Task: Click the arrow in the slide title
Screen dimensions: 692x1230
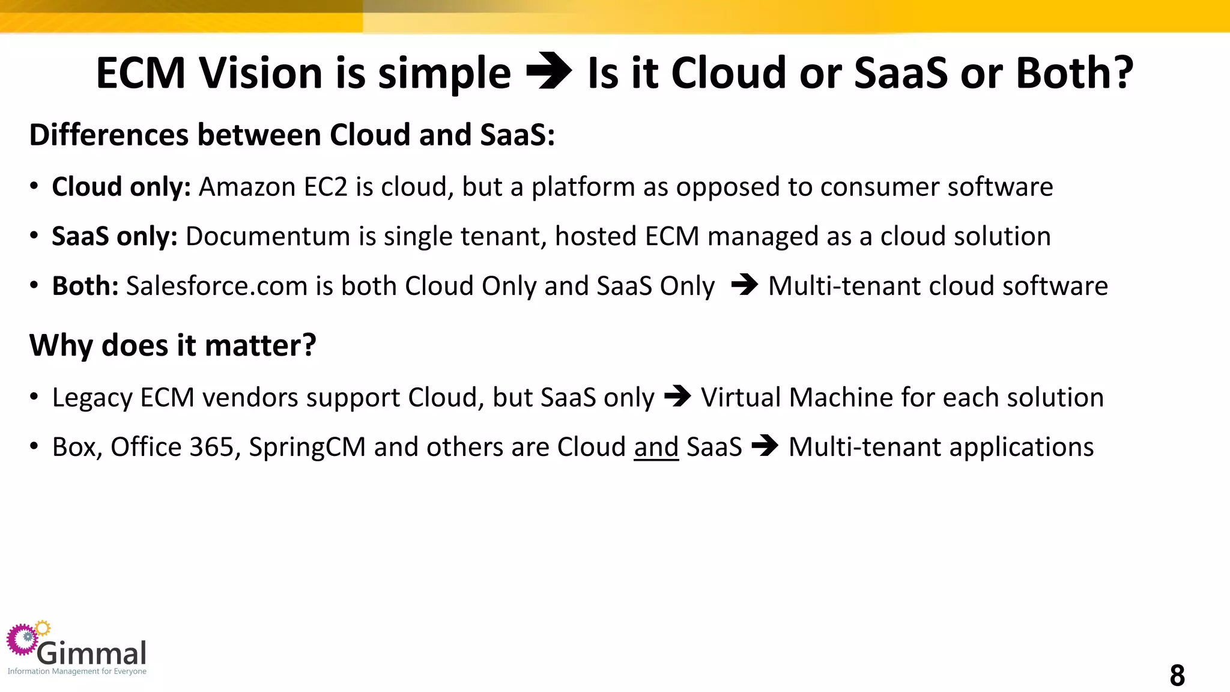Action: point(548,72)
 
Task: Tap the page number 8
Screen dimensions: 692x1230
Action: point(1177,675)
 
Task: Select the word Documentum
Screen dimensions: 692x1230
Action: point(268,236)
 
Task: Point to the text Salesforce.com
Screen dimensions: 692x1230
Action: point(217,286)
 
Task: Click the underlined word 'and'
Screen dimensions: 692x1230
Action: point(656,447)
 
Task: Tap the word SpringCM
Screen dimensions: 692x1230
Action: point(307,448)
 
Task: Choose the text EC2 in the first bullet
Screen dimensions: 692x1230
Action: point(326,187)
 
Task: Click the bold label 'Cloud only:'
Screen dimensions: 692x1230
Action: point(121,187)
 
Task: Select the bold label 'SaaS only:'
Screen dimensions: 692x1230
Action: point(115,236)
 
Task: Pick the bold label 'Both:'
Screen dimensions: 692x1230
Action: point(85,286)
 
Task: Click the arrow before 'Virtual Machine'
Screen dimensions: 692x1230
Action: point(677,396)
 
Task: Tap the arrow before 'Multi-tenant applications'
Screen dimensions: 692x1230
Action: point(765,446)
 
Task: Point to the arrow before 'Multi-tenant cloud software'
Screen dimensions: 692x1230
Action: point(745,285)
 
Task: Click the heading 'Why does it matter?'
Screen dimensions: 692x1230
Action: point(172,345)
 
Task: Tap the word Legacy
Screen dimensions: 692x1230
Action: point(92,398)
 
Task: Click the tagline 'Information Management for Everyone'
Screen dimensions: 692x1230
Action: point(77,671)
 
